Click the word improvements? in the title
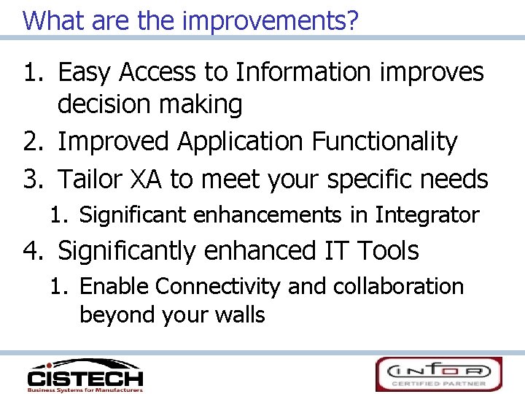[271, 20]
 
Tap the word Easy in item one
[87, 72]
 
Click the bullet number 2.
[34, 142]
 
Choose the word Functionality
[384, 142]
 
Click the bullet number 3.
[34, 179]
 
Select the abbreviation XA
[151, 179]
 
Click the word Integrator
[427, 215]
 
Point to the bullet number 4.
[34, 251]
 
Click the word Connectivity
[217, 286]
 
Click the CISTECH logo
[85, 374]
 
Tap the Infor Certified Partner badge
[438, 374]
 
